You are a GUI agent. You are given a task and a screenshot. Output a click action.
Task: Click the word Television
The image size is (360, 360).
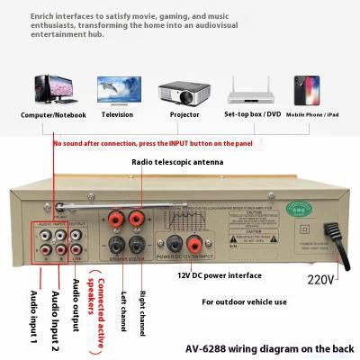point(116,115)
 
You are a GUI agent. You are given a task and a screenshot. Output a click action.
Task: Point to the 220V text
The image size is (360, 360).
point(319,279)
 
